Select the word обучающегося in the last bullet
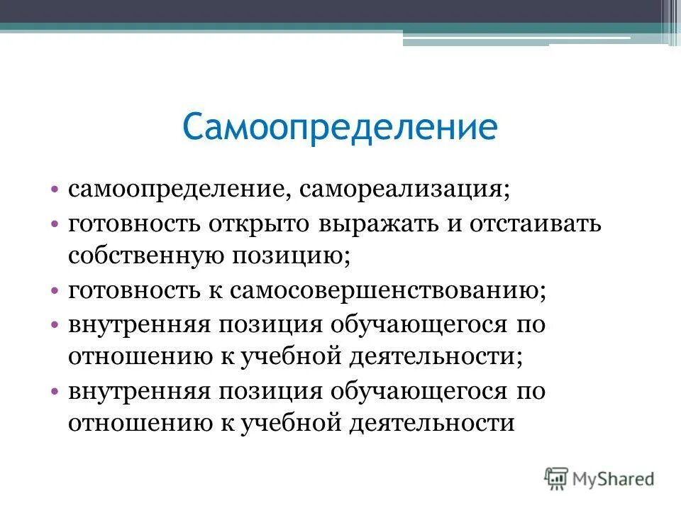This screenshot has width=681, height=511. tap(417, 391)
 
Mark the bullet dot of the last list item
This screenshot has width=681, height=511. tap(55, 392)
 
